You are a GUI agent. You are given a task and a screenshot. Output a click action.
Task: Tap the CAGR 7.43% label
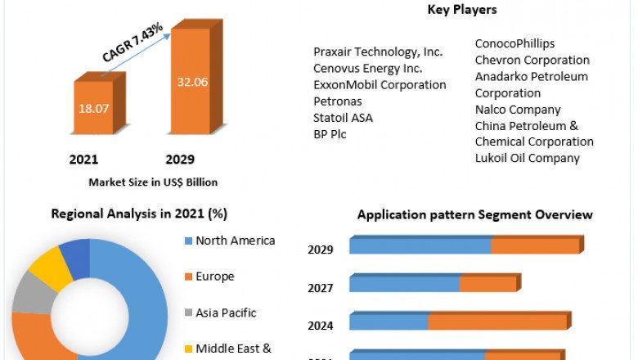pos(132,43)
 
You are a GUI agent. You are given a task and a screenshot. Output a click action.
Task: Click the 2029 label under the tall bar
pos(180,159)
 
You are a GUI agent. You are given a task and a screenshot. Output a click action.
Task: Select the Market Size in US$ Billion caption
pos(153,182)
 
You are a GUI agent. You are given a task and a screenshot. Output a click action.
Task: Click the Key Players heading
pos(462,10)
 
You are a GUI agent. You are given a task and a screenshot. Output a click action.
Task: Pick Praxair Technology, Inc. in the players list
pos(378,52)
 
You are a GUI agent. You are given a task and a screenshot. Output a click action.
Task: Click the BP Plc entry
pos(330,134)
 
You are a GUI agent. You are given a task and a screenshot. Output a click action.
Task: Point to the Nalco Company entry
pos(518,110)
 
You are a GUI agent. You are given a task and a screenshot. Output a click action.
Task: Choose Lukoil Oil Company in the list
pos(527,159)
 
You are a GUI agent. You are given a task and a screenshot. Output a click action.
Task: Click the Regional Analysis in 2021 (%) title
pos(139,214)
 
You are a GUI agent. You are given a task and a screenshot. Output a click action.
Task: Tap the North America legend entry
pos(236,241)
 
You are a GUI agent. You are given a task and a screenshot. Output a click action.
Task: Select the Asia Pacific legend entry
pos(226,313)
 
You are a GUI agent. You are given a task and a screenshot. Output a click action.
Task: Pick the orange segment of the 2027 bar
pos(487,284)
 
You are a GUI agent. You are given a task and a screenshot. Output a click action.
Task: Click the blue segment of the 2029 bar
pos(420,245)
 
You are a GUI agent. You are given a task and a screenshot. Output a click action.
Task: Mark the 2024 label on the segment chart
pos(321,326)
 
